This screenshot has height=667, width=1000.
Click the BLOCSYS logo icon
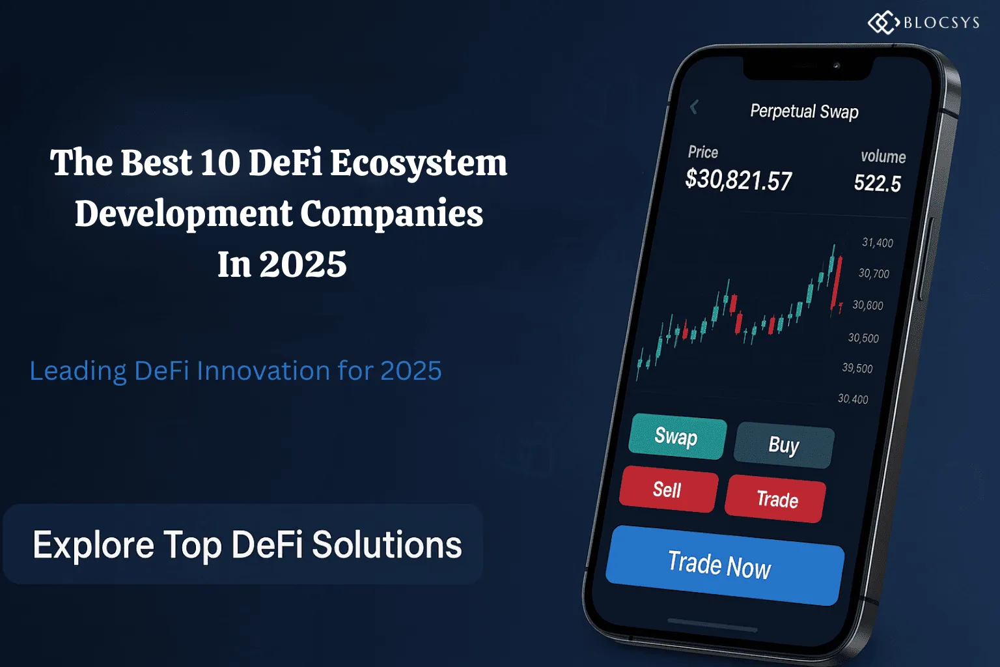[x=883, y=23]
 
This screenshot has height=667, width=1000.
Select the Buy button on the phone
[x=784, y=445]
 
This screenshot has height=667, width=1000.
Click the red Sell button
[x=667, y=489]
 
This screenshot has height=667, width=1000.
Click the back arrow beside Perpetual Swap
[x=694, y=107]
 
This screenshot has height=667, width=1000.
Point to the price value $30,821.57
[x=738, y=180]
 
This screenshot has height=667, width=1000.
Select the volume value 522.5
[x=877, y=183]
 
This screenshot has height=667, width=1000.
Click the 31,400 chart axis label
[x=877, y=242]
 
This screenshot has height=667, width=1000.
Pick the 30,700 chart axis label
[x=873, y=274]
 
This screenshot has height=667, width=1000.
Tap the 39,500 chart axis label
[x=857, y=368]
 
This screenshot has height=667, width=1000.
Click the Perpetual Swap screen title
[x=804, y=111]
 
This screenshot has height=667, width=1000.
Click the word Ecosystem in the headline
[x=419, y=163]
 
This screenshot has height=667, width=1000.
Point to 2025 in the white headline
[x=303, y=264]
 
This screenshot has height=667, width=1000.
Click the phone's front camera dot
[x=837, y=66]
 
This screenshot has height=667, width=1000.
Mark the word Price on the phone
[x=703, y=152]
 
